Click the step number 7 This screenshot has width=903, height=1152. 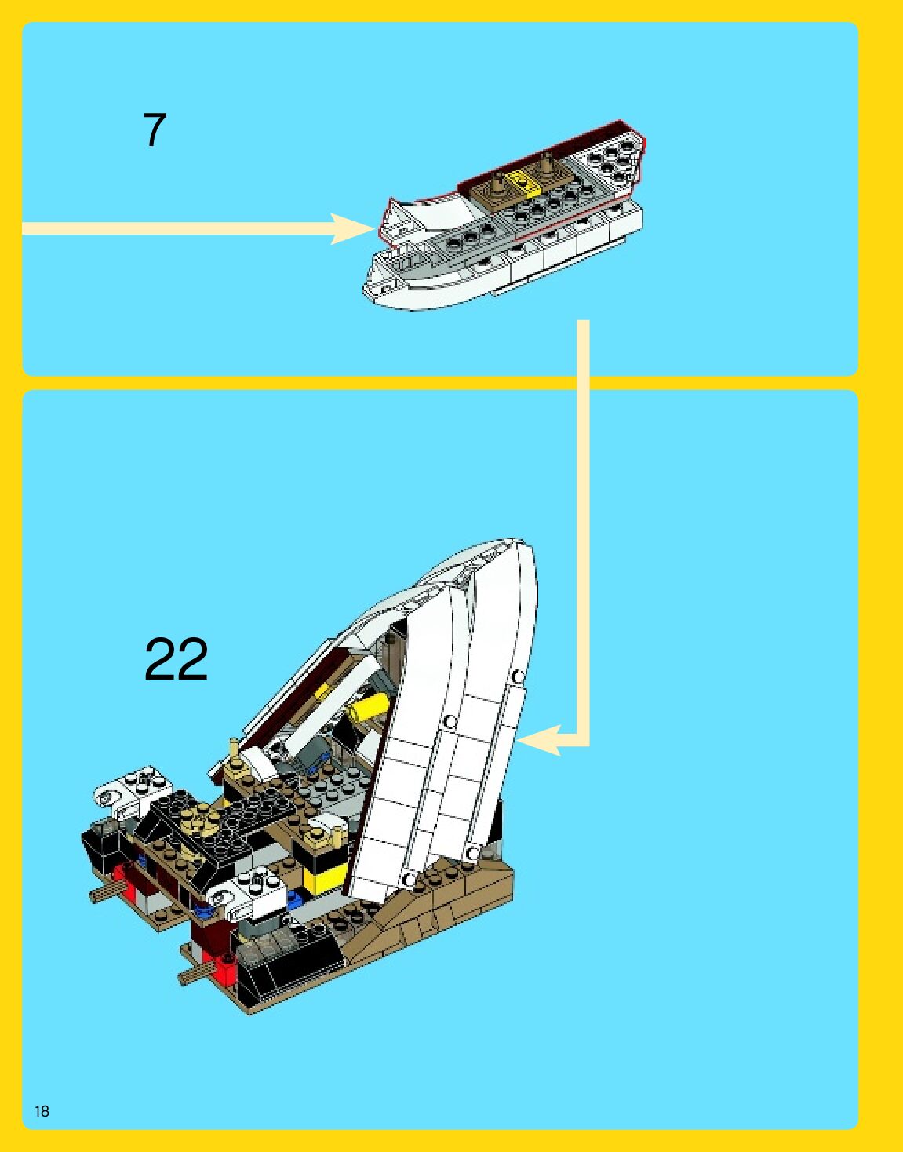(155, 129)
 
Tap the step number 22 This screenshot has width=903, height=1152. (177, 659)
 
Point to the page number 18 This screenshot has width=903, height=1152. (42, 1111)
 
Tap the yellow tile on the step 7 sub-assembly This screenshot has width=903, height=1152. (520, 181)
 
